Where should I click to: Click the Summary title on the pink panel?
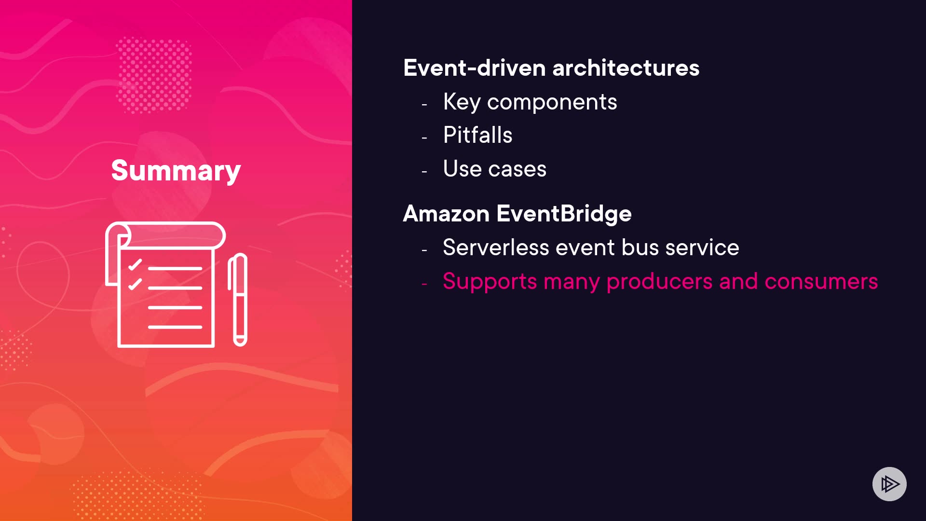pyautogui.click(x=176, y=171)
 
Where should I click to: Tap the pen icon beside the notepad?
pyautogui.click(x=238, y=300)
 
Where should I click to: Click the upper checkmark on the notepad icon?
pyautogui.click(x=135, y=265)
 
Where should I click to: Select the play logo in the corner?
pyautogui.click(x=889, y=484)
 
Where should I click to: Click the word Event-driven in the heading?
pyautogui.click(x=475, y=68)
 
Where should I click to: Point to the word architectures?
pyautogui.click(x=626, y=68)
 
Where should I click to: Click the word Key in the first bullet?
pyautogui.click(x=462, y=102)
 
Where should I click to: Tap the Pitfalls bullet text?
pyautogui.click(x=477, y=135)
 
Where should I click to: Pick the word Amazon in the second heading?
pyautogui.click(x=446, y=214)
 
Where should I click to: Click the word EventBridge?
pyautogui.click(x=564, y=214)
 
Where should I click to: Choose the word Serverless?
pyautogui.click(x=496, y=247)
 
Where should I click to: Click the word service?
pyautogui.click(x=702, y=248)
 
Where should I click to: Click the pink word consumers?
pyautogui.click(x=821, y=282)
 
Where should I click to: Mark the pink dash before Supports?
pyautogui.click(x=424, y=284)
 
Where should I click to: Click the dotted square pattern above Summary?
pyautogui.click(x=154, y=75)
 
